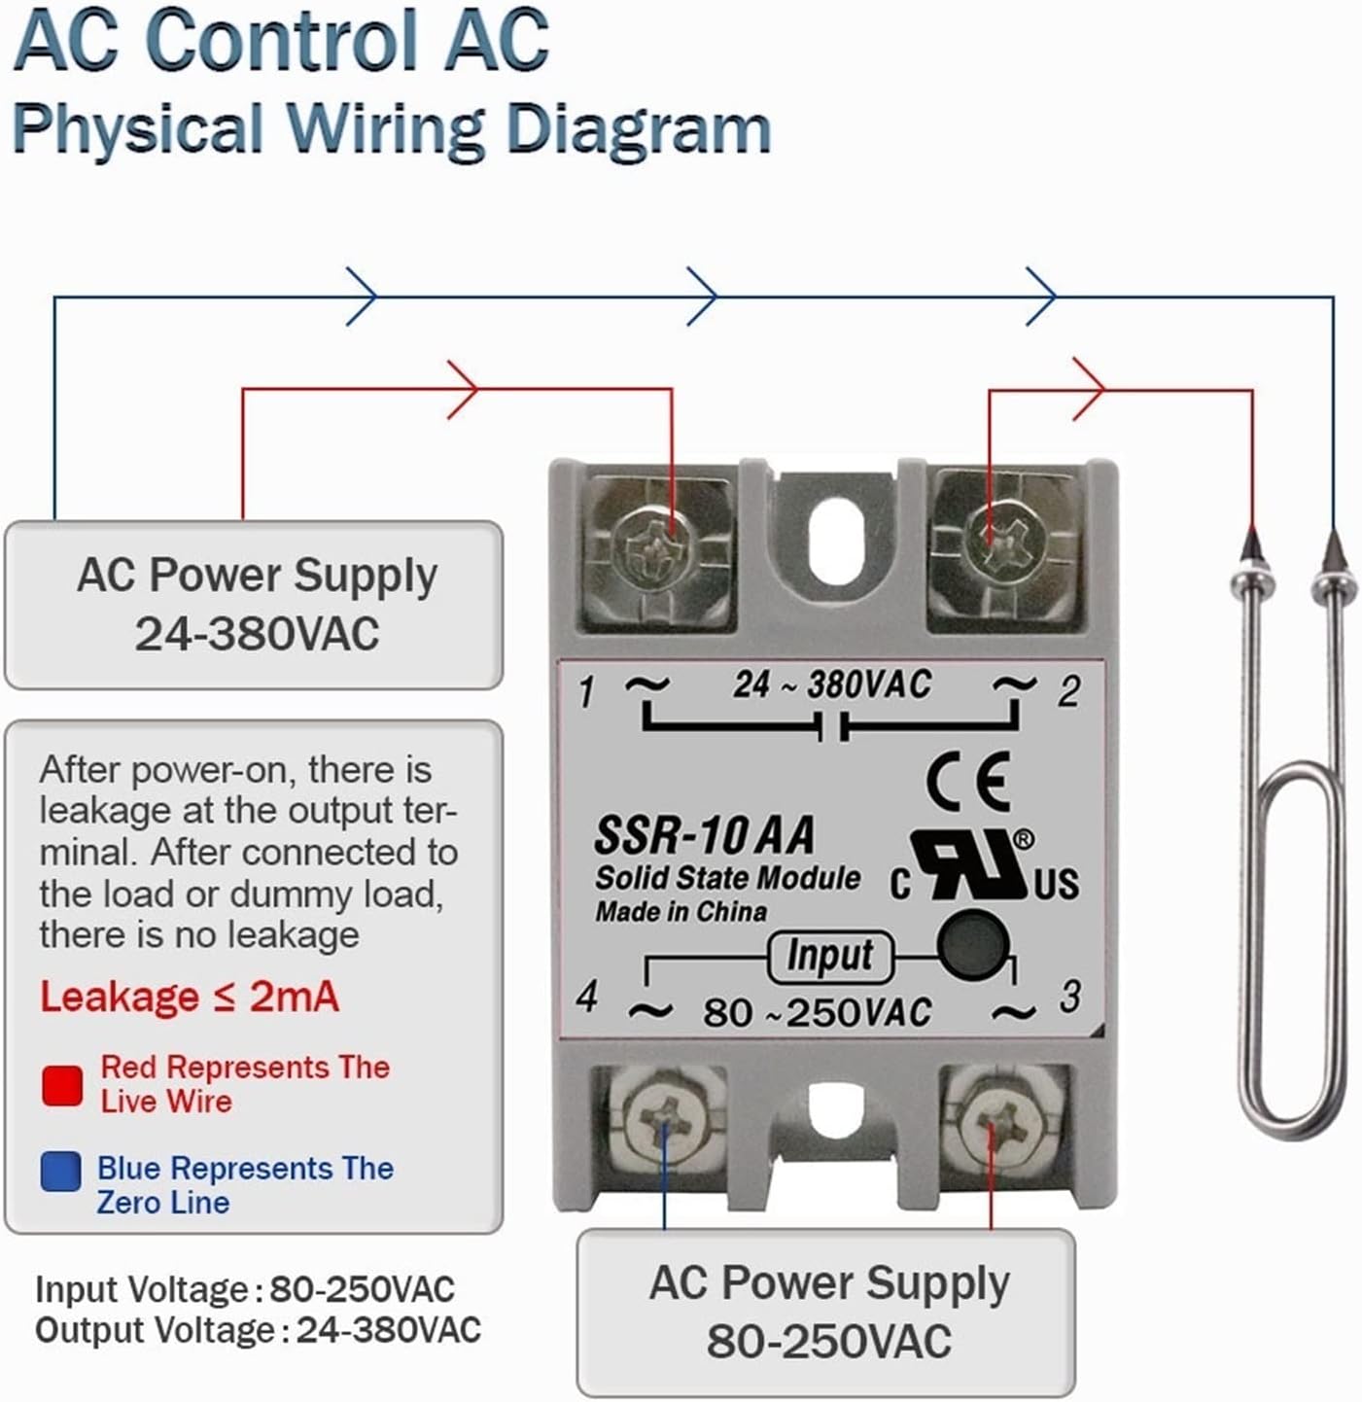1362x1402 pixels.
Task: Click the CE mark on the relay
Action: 968,782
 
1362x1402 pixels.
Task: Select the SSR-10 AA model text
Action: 704,835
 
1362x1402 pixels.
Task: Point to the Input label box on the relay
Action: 829,956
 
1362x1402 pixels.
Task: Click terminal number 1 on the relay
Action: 586,692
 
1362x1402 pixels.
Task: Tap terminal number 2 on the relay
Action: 1068,691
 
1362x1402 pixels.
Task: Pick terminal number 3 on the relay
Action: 1069,997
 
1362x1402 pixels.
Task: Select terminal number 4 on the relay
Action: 586,997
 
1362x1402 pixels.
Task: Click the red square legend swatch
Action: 62,1085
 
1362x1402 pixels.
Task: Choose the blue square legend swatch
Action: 60,1172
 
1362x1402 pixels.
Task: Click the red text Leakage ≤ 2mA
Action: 190,997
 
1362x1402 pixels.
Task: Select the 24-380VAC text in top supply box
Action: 257,634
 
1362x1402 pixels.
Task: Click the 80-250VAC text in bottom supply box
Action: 828,1342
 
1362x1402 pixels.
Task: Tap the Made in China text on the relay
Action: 681,912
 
